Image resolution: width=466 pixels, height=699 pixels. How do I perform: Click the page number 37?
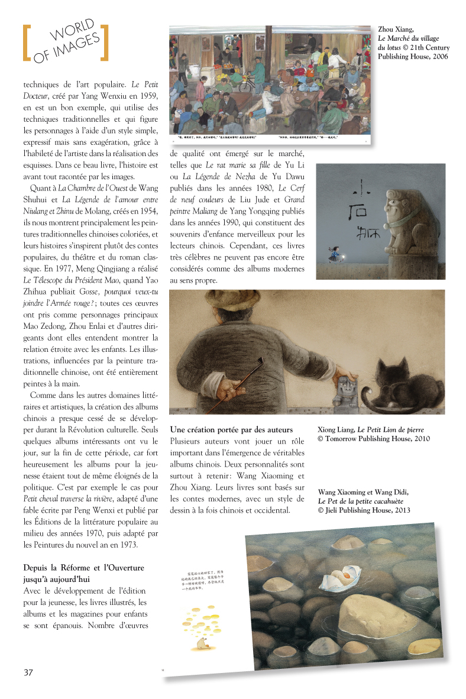[28, 672]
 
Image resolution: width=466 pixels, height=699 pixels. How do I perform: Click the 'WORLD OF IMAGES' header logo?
[65, 42]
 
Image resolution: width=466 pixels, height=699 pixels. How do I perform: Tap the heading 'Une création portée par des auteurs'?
[231, 429]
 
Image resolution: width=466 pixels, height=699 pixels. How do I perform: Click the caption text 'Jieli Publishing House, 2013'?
[367, 510]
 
